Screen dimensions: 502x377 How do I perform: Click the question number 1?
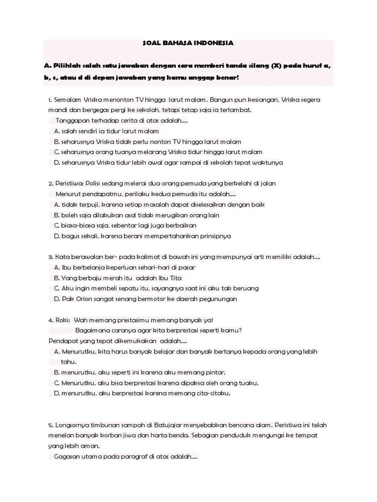[50, 100]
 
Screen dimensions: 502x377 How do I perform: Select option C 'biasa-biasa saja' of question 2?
[125, 226]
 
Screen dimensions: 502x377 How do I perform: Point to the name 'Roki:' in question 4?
[62, 320]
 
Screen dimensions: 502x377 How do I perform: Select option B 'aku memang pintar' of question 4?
[139, 372]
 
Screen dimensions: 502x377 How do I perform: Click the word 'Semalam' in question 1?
[67, 100]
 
